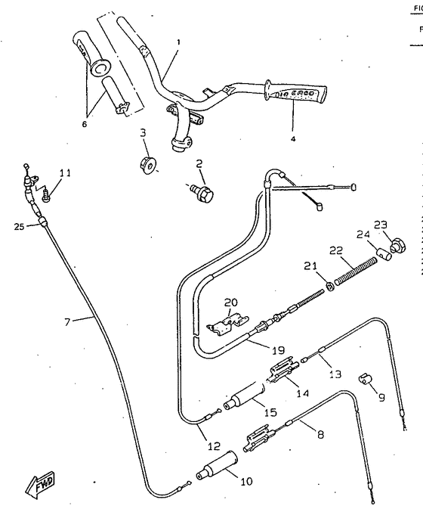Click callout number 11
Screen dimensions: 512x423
point(65,173)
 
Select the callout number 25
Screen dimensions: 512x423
point(18,225)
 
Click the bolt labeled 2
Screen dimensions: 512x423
point(202,192)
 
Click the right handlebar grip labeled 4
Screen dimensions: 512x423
point(299,94)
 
